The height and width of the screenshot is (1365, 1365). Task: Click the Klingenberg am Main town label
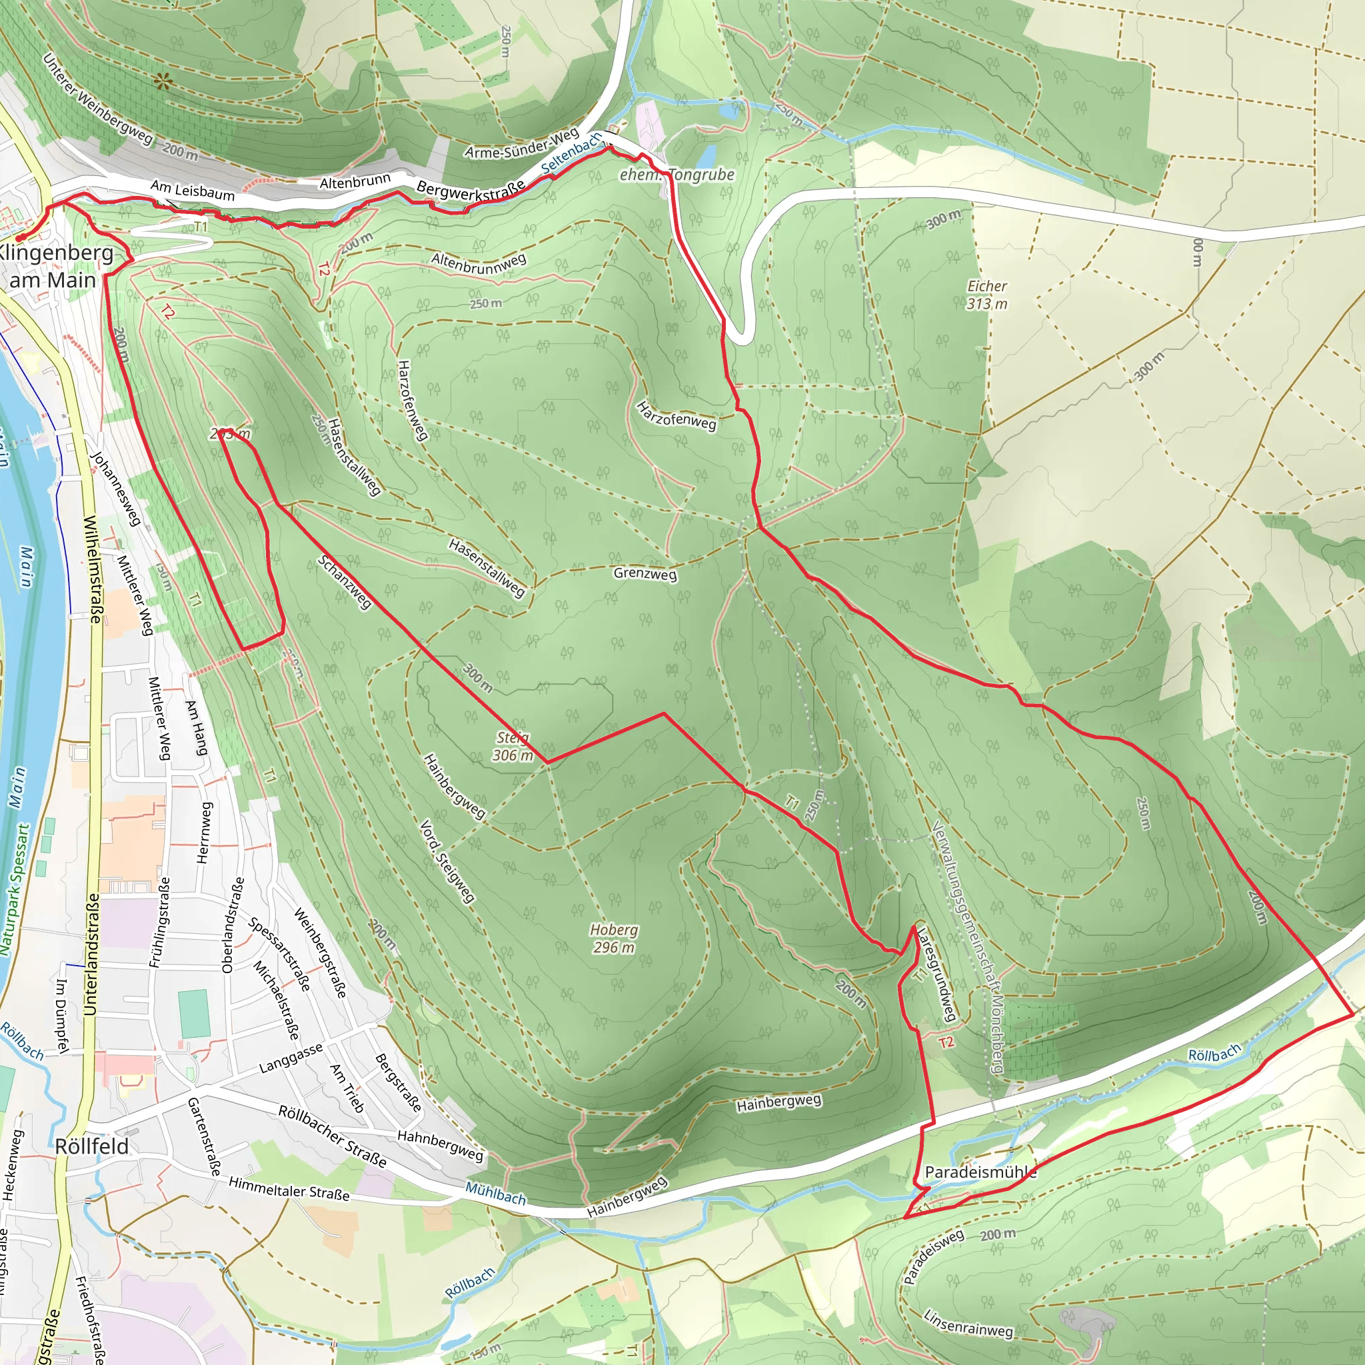(x=55, y=267)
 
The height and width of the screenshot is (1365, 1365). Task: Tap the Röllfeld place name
(x=92, y=1146)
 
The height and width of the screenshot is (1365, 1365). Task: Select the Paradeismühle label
(x=980, y=1172)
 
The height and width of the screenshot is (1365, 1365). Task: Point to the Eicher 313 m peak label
(x=987, y=295)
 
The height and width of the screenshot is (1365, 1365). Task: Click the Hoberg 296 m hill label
(x=613, y=938)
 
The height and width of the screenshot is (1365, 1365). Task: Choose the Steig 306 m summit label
(x=513, y=746)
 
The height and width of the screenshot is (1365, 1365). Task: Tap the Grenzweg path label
(x=645, y=573)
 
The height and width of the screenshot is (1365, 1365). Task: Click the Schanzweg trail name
(x=344, y=582)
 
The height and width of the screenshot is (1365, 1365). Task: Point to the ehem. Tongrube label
(x=677, y=175)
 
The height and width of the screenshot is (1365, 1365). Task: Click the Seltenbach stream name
(x=572, y=153)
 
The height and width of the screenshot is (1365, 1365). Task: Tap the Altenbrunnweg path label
(x=479, y=263)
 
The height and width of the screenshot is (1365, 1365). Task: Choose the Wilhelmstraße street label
(x=93, y=569)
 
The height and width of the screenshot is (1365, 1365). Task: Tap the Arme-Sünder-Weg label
(x=522, y=143)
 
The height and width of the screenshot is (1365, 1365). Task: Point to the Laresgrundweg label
(x=937, y=976)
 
